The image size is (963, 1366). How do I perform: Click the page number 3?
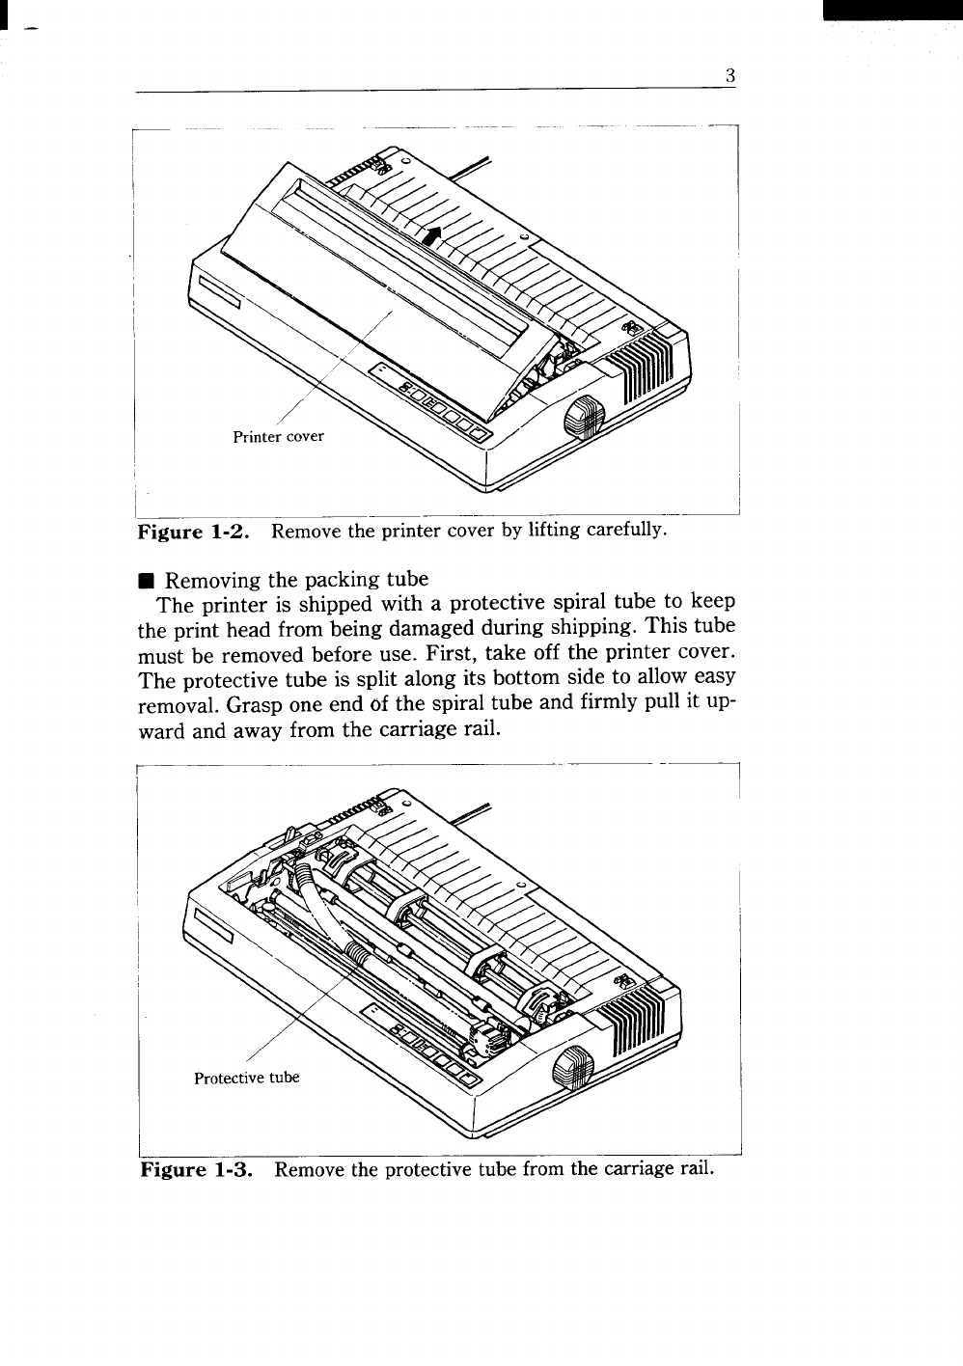click(730, 76)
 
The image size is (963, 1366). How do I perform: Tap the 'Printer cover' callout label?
click(279, 436)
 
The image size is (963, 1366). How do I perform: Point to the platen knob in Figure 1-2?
click(581, 416)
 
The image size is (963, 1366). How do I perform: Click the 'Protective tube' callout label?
click(246, 1078)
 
